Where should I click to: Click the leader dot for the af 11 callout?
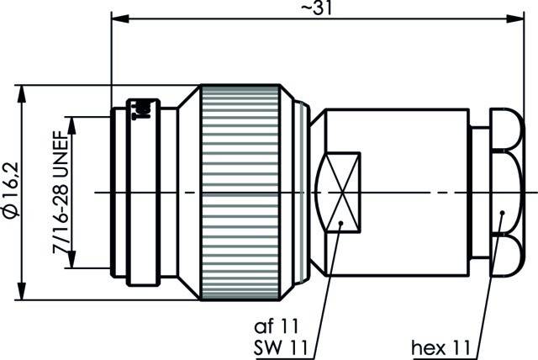(339, 224)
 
